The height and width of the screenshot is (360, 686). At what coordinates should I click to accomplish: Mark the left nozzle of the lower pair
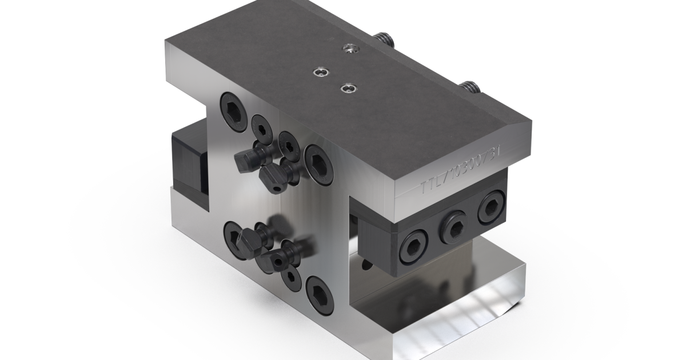246,238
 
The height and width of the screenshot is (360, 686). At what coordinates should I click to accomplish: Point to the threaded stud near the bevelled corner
469,87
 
